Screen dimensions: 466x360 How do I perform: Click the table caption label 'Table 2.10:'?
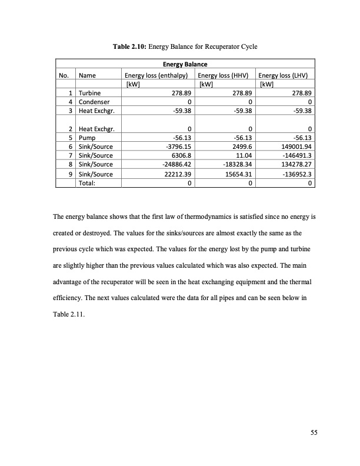tap(129, 46)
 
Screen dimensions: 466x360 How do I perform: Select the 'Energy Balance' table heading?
tap(185, 64)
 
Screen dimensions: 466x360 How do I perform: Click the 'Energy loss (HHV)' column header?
tap(222, 75)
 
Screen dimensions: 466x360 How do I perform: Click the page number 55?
tap(314, 434)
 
